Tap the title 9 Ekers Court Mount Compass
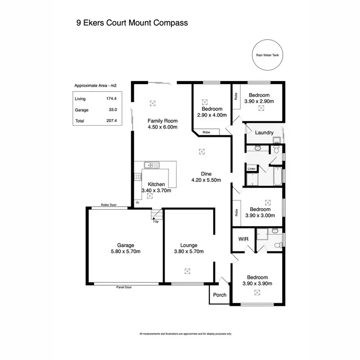point(132,23)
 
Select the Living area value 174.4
point(111,99)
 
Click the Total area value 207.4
point(111,121)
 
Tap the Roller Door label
point(109,205)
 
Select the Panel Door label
point(124,287)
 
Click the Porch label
point(219,295)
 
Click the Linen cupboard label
point(251,169)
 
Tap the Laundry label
point(264,132)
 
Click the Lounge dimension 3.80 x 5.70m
point(189,252)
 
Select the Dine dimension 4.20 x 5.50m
point(206,180)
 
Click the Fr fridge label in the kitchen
point(138,203)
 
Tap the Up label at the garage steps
point(156,221)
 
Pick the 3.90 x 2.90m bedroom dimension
point(259,101)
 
